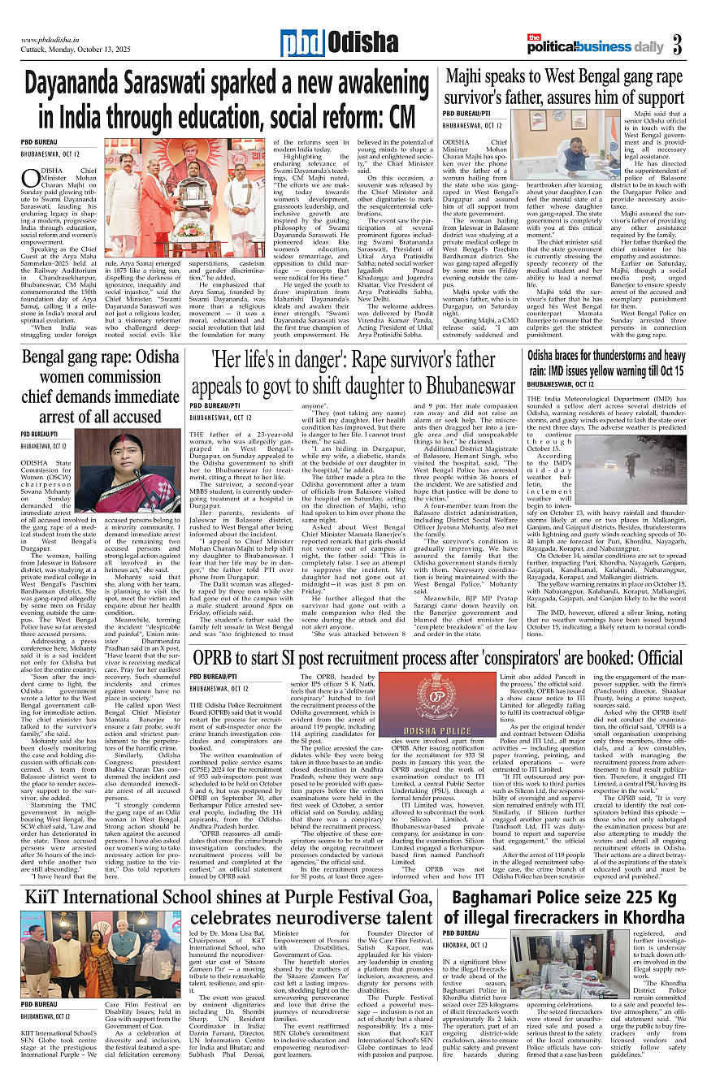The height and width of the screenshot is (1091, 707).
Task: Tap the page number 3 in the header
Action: [678, 43]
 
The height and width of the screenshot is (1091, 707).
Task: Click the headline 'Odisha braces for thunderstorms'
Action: [605, 362]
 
